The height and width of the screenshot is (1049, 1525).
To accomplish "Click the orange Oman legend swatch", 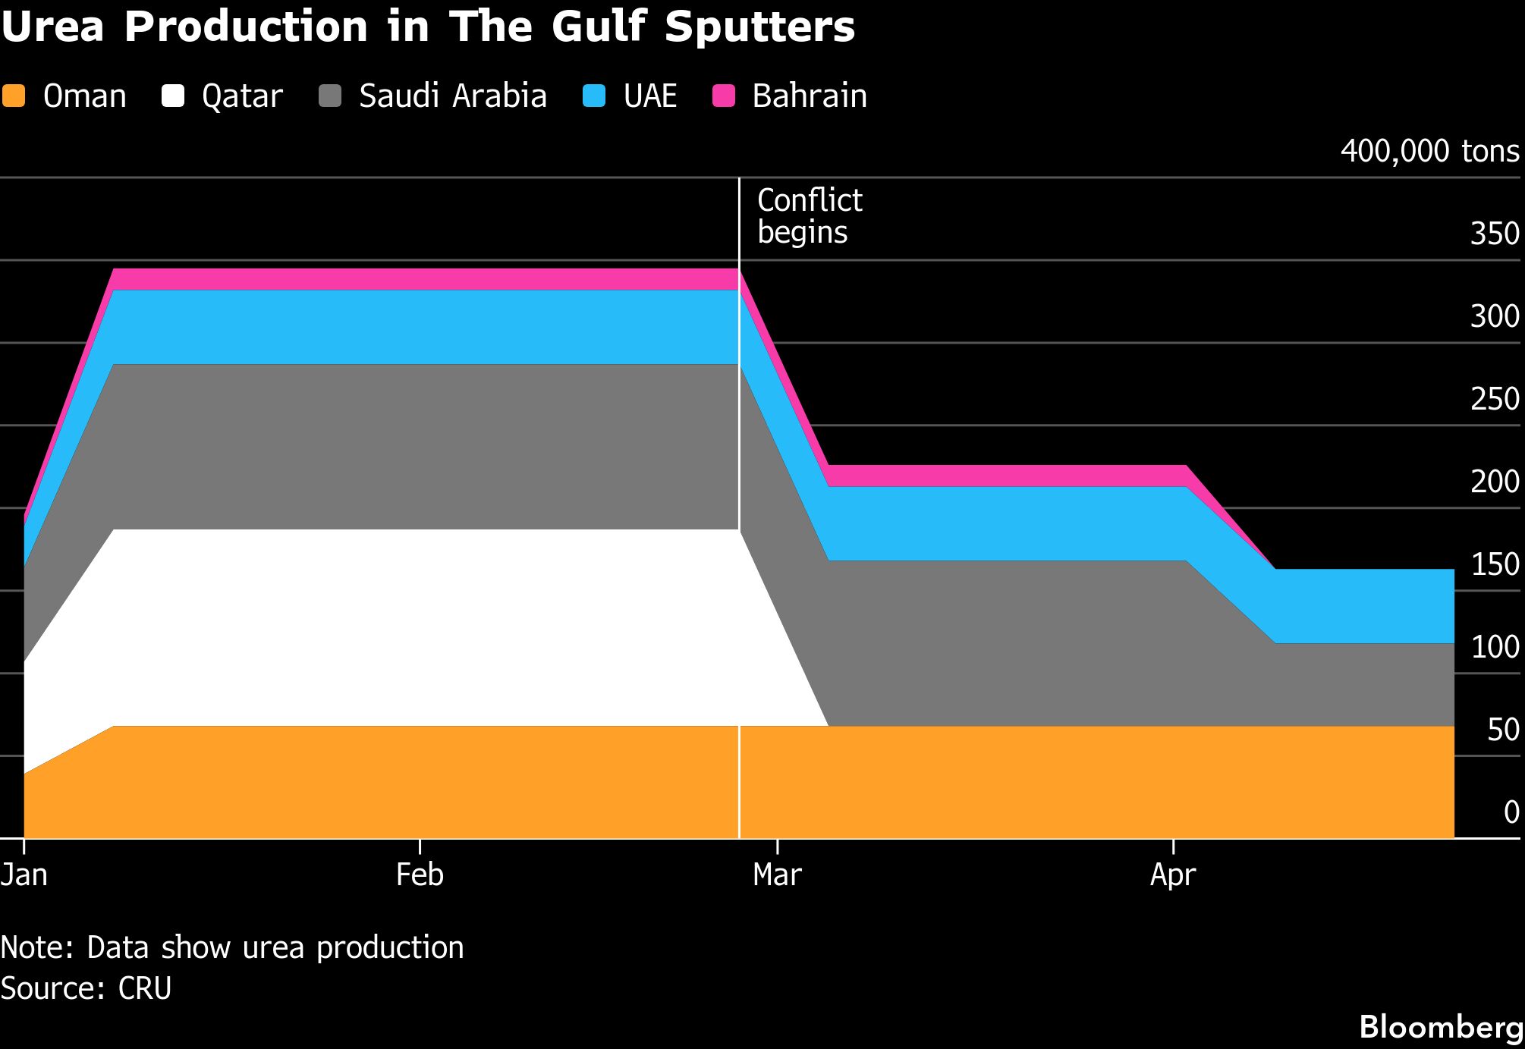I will click(14, 96).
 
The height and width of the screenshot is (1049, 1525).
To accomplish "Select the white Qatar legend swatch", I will click(173, 96).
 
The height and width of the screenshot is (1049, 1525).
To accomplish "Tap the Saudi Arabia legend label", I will click(452, 96).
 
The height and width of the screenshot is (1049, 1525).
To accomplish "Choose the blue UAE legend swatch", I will click(594, 96).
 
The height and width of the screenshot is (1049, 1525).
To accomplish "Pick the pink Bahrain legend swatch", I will click(724, 96).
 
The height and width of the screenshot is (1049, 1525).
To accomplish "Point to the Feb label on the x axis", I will click(420, 875).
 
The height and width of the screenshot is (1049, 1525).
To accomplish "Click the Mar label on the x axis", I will click(777, 875).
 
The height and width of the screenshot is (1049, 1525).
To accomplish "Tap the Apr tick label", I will click(1173, 875).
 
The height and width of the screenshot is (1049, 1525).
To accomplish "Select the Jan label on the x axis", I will click(24, 875).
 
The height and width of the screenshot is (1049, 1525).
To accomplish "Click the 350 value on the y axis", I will click(1495, 234).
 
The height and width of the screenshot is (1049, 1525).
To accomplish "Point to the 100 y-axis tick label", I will click(1495, 647).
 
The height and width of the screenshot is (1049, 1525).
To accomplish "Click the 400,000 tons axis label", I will click(1429, 151).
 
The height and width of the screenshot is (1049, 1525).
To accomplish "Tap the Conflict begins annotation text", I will click(809, 216).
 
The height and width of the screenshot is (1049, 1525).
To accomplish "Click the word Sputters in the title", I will click(759, 27).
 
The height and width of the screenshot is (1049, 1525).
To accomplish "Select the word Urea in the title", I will click(52, 27).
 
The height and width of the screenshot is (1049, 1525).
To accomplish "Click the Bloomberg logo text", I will click(1441, 1027).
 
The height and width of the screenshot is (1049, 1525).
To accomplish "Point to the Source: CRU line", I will click(86, 988).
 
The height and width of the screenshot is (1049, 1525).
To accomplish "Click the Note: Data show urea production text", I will click(231, 947).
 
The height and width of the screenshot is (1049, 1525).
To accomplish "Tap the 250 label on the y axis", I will click(1495, 399).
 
